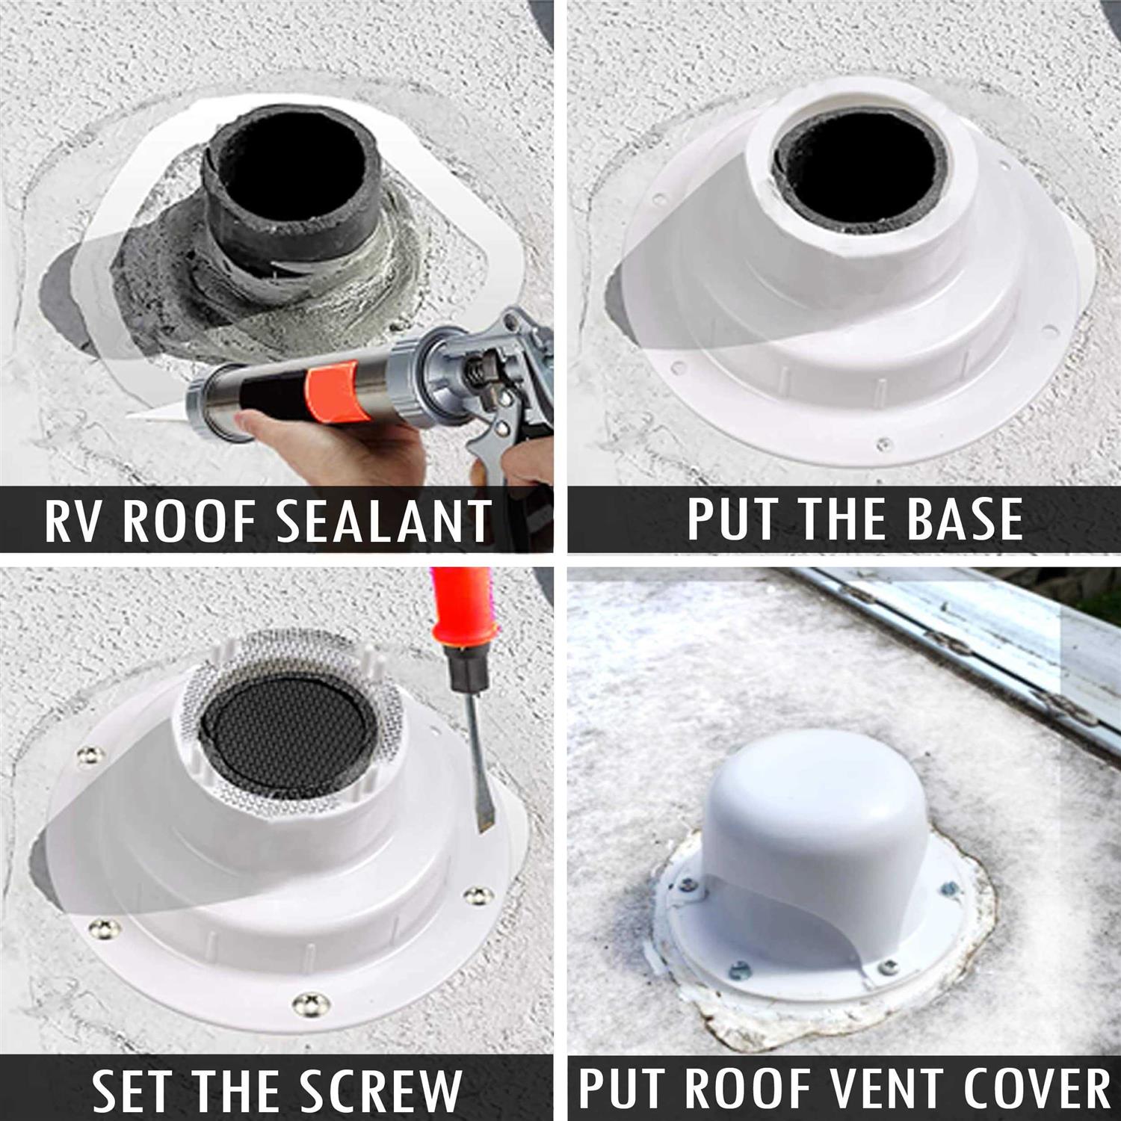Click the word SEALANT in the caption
coord(385,521)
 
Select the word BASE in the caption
coord(965,519)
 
